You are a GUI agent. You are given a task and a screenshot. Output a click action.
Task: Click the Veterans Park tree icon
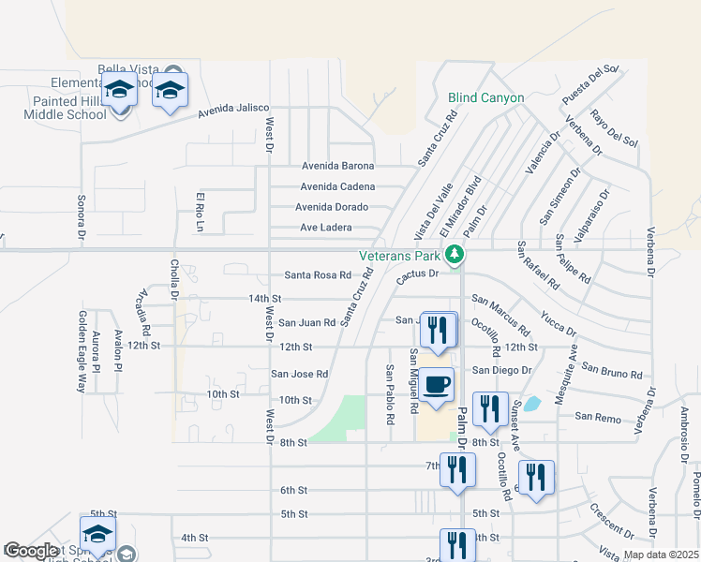click(455, 254)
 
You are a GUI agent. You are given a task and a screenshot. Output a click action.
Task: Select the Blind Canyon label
click(485, 97)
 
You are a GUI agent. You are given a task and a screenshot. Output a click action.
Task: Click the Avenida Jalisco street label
click(233, 111)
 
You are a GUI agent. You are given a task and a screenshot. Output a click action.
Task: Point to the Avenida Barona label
click(337, 166)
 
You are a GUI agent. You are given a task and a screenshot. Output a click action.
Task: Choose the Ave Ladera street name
click(325, 228)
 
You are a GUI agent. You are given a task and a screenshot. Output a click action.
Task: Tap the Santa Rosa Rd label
click(318, 275)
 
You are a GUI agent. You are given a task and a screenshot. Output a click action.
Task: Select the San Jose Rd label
click(299, 374)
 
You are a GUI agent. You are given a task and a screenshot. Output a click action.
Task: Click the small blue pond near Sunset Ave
click(531, 405)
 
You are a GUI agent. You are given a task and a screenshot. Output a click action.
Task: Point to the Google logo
click(31, 552)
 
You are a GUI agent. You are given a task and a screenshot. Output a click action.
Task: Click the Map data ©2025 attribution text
click(660, 555)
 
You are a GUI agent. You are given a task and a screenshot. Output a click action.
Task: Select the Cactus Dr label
click(417, 274)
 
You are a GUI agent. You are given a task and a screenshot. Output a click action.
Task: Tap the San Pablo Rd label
click(390, 392)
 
